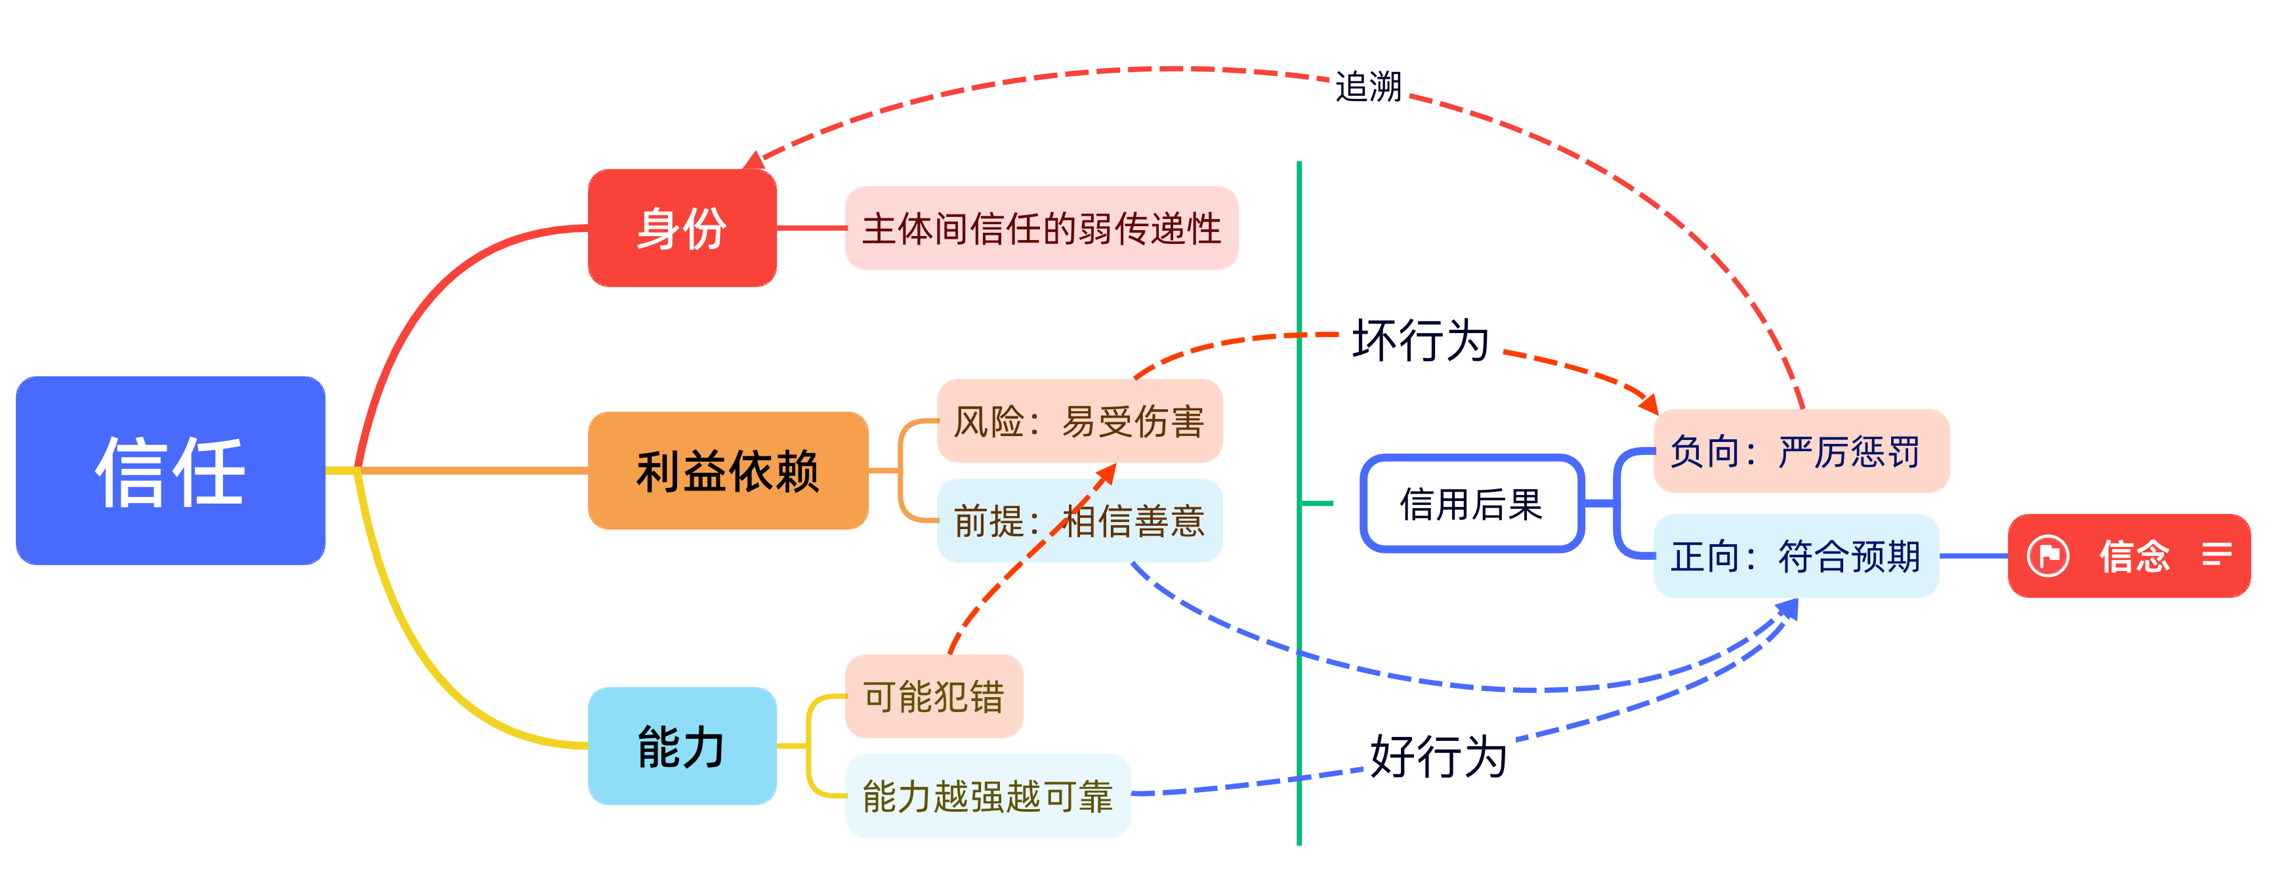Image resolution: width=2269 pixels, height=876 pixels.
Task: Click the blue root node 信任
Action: tap(170, 471)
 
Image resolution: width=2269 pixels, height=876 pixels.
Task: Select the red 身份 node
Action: tap(682, 228)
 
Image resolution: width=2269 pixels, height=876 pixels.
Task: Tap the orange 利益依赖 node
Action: tap(728, 471)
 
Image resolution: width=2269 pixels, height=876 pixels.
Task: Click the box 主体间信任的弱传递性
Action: tap(1041, 228)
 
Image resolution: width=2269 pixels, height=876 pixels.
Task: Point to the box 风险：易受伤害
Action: tap(1079, 421)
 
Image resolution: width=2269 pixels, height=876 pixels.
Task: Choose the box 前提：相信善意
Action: tap(1079, 521)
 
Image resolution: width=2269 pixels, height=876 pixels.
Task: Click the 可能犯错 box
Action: tap(934, 696)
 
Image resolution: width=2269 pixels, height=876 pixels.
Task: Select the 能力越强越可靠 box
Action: tap(988, 796)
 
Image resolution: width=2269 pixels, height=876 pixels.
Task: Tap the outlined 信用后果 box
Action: tap(1471, 504)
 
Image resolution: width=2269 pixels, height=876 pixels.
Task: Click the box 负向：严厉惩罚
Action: tap(1801, 450)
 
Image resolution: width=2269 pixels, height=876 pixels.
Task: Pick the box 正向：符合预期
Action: tap(1796, 555)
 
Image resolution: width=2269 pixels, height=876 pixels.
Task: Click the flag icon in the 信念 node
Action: tap(2048, 555)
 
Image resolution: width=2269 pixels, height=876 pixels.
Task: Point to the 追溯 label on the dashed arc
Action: tap(1368, 87)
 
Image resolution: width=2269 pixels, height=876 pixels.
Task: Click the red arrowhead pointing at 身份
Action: tap(754, 161)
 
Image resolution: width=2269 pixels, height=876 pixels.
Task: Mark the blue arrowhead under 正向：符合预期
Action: tap(1788, 609)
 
